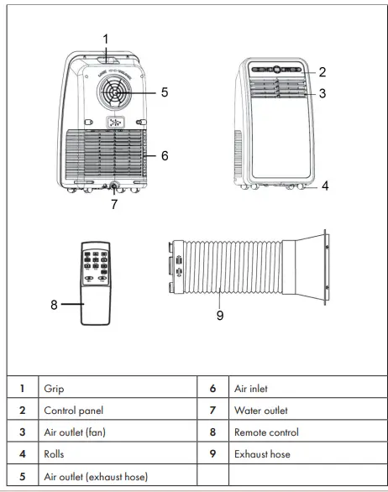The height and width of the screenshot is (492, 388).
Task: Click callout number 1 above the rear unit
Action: point(106,39)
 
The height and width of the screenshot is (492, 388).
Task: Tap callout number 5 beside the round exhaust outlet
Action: point(165,92)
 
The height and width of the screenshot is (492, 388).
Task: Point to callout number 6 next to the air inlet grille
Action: point(165,156)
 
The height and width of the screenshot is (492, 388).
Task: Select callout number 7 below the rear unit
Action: point(115,204)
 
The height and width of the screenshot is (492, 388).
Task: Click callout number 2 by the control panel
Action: point(322,72)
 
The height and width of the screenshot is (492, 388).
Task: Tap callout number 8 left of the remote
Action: point(54,305)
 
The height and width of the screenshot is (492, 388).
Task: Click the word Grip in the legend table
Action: point(54,389)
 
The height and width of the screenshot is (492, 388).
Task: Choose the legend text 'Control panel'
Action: point(73,411)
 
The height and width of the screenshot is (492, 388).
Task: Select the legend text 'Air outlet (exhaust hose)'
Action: point(95,477)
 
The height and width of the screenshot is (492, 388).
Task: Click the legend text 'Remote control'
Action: point(265,432)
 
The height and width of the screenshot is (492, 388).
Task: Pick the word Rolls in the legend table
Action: point(55,454)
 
